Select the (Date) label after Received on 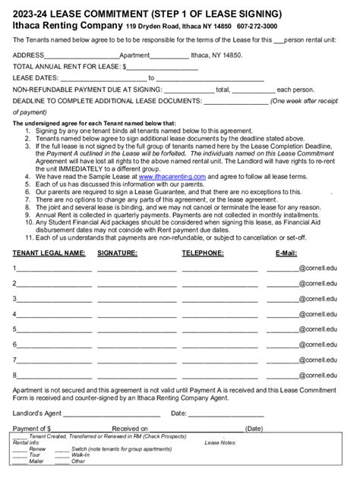(254, 429)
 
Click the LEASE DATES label (36, 77)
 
